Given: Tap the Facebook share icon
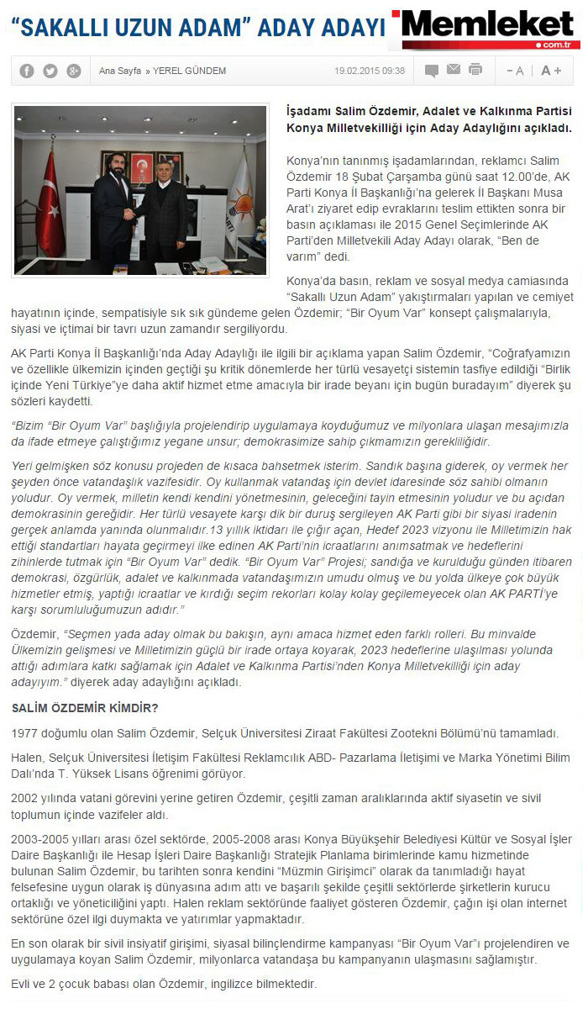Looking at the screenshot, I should click(x=27, y=71).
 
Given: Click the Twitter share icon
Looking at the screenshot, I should click(x=50, y=71).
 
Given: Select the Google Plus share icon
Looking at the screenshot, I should click(x=74, y=71).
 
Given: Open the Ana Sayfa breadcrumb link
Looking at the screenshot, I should click(x=119, y=71).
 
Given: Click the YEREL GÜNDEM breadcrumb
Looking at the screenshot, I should click(x=189, y=71).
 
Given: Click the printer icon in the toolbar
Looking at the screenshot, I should click(x=475, y=70).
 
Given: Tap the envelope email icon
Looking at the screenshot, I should click(x=454, y=70).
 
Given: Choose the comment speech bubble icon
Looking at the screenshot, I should click(x=432, y=71).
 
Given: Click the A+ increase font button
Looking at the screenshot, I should click(x=551, y=71).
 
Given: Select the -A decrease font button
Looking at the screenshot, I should click(x=514, y=71).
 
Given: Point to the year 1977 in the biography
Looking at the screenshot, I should click(x=25, y=734).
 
